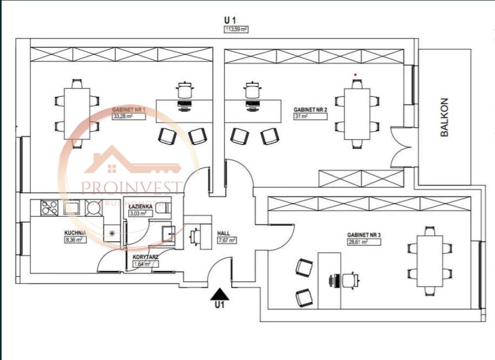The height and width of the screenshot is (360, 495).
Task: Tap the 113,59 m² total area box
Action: tap(236, 29)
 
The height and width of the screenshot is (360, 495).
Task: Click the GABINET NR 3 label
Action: tap(364, 235)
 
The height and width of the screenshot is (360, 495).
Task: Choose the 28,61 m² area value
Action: tap(358, 242)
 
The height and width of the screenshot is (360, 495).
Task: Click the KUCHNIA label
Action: tap(76, 233)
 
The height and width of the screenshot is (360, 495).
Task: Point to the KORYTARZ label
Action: tap(146, 257)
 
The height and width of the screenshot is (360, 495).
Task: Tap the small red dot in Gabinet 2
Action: tap(355, 74)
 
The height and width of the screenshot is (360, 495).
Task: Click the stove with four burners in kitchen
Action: tap(49, 207)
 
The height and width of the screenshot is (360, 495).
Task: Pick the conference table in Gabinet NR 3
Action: tap(430, 261)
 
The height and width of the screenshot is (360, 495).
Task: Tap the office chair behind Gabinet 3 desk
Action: tap(349, 280)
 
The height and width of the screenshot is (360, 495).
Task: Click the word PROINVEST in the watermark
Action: tap(131, 188)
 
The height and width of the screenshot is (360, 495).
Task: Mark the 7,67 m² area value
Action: tap(227, 241)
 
